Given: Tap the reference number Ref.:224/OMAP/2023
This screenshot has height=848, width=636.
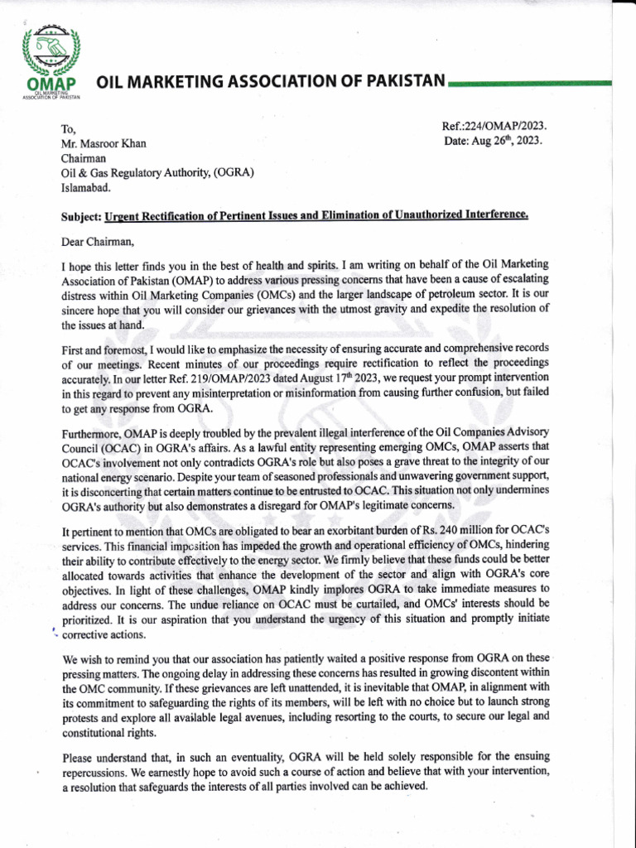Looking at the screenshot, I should [494, 127].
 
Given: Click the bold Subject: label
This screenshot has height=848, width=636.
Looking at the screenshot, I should [82, 217].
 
